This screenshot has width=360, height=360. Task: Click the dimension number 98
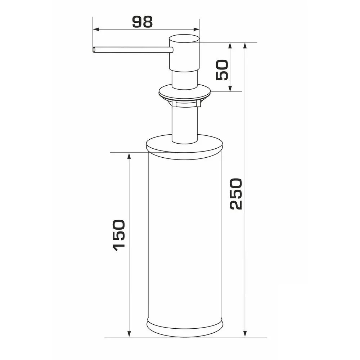pos(142,22)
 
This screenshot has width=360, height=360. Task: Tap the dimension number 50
pos(222,70)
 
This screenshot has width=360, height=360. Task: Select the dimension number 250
pos(236,194)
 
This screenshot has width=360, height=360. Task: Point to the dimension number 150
pos(119,235)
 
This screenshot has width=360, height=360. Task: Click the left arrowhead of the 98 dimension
pos(96,30)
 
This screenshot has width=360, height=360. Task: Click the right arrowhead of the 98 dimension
pos(196,30)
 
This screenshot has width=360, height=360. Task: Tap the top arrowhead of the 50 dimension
pos(230,46)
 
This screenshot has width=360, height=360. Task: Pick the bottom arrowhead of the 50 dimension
pos(230,89)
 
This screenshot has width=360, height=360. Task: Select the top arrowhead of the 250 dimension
pos(245,46)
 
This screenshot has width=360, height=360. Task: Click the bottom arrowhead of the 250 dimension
pos(245,334)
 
